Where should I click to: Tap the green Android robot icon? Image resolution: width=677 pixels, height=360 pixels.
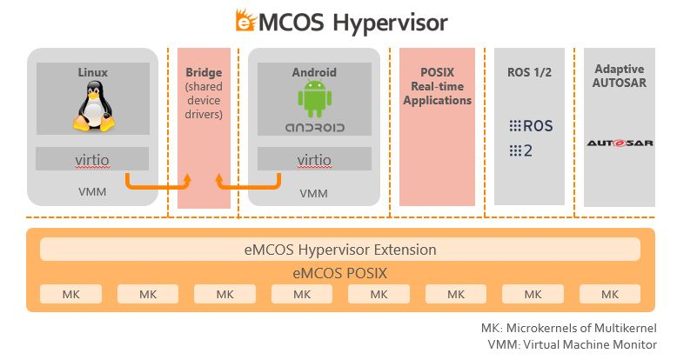pos(314,100)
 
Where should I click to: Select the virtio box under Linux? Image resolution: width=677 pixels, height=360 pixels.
pos(92,160)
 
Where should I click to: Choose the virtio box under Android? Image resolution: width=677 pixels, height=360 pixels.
pos(314,160)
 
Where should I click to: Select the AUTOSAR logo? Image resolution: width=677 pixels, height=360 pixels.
pos(620,143)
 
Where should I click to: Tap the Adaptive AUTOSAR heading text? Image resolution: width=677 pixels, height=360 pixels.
pos(620,77)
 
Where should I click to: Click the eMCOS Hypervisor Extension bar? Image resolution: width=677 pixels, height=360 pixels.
pos(339,250)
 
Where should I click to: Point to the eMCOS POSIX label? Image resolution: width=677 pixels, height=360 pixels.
pos(339,272)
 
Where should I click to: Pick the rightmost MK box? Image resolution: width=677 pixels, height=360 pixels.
pos(609,294)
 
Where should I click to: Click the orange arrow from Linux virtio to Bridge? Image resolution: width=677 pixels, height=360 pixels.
pos(157,183)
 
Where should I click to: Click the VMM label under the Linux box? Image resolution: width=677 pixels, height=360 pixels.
pos(92,192)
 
